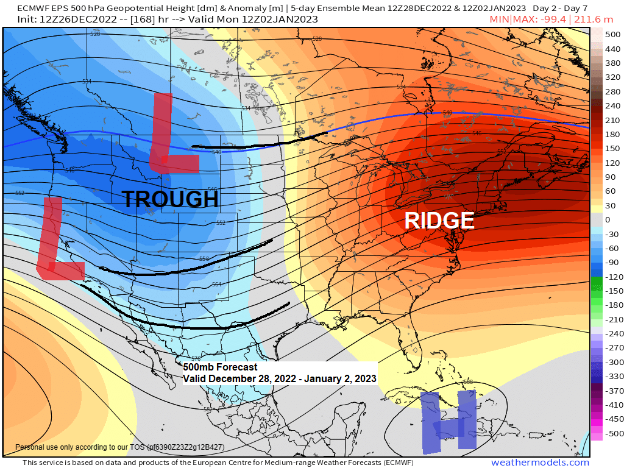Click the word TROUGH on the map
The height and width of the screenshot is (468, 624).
click(x=170, y=199)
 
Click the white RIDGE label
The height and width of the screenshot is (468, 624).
click(x=439, y=220)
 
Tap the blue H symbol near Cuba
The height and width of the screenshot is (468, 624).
click(x=448, y=422)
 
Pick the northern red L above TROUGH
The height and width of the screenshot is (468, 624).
click(x=170, y=135)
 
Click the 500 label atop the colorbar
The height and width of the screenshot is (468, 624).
click(x=612, y=34)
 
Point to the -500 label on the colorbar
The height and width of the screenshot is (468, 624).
click(x=612, y=434)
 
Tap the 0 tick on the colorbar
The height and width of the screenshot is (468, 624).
click(x=608, y=219)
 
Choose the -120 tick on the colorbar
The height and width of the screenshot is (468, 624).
click(x=612, y=277)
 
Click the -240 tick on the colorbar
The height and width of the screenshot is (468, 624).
click(x=612, y=334)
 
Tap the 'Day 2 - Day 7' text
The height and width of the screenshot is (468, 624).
click(x=560, y=8)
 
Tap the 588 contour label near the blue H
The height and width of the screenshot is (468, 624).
click(x=468, y=382)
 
